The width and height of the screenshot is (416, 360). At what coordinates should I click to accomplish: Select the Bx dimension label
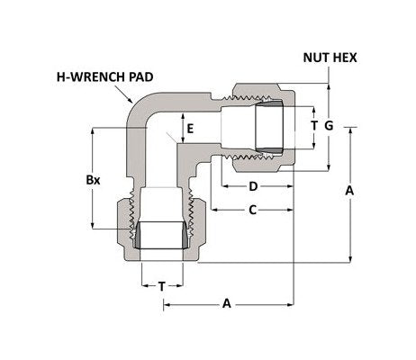93,179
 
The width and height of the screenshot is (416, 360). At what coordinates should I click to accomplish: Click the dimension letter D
253,186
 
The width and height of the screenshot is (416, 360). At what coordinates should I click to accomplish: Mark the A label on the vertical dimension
349,191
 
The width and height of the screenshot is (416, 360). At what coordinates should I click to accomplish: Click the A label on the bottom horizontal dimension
226,304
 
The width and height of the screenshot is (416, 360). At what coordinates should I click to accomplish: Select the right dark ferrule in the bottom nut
188,238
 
